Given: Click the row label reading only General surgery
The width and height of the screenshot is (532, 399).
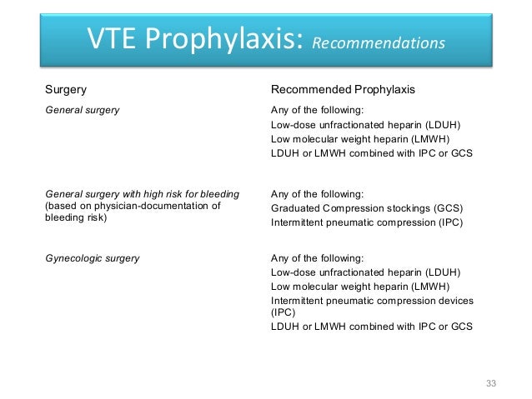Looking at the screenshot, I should [81, 109].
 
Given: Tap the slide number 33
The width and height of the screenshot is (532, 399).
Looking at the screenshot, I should [490, 382].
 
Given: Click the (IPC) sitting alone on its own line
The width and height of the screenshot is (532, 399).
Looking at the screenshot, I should [284, 312].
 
